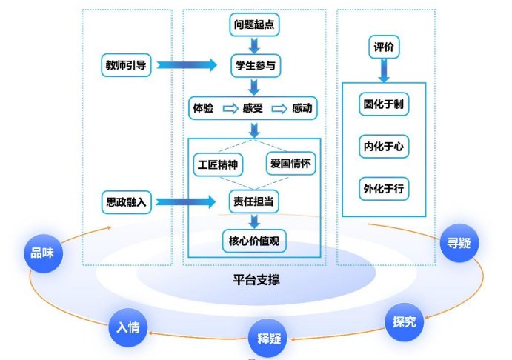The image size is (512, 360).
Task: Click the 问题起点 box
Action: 254,24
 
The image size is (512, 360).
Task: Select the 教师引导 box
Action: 126,65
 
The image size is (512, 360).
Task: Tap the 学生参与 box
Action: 254,65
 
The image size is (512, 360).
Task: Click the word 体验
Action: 204,108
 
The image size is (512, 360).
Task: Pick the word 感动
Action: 302,108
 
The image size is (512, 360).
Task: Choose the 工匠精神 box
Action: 217,164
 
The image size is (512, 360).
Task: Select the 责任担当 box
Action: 254,201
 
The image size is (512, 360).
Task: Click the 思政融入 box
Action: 126,201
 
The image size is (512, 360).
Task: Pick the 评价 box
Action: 384,47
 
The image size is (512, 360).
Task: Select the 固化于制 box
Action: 383,104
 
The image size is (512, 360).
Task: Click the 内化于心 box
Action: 383,146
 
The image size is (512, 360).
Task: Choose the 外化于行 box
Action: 383,187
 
